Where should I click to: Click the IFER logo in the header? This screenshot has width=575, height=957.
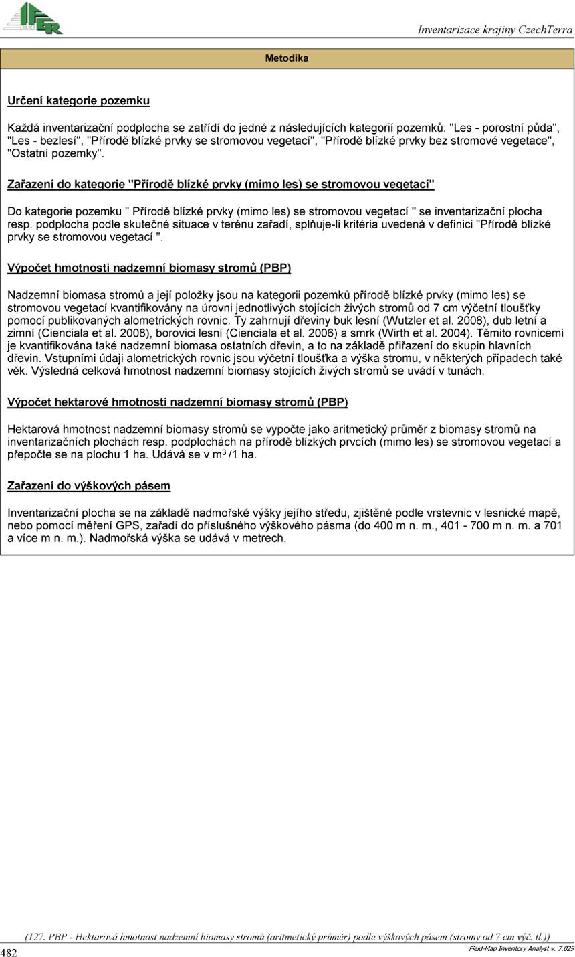point(33,17)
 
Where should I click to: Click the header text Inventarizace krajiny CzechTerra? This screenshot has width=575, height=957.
point(495,30)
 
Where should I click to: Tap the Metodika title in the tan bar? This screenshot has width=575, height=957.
point(287,59)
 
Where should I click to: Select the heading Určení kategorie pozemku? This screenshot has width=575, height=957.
point(78,102)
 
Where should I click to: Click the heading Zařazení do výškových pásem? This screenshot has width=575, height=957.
point(89,486)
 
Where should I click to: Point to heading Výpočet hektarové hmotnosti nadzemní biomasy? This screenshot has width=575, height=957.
point(177,402)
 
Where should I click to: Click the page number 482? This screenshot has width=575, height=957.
point(9,952)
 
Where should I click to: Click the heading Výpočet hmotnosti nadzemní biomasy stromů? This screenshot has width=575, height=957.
point(148,268)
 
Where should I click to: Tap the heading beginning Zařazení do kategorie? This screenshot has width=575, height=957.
point(221,184)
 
